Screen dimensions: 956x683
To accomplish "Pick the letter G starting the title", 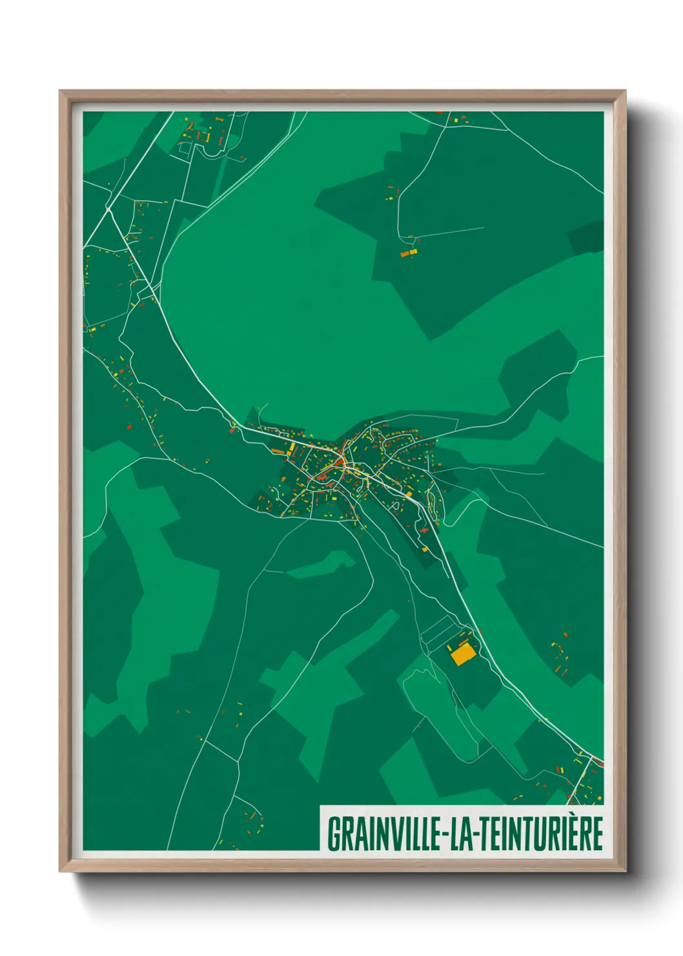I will (335, 835).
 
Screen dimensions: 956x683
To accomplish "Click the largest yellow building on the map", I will (463, 655).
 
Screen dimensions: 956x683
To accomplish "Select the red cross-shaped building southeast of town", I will (423, 530).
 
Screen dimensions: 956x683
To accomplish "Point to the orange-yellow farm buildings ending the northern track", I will (409, 253).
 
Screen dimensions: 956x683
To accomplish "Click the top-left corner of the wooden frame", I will (60, 92).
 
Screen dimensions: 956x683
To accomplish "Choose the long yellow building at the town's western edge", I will (292, 448).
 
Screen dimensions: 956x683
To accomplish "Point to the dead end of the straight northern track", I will (483, 227).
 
